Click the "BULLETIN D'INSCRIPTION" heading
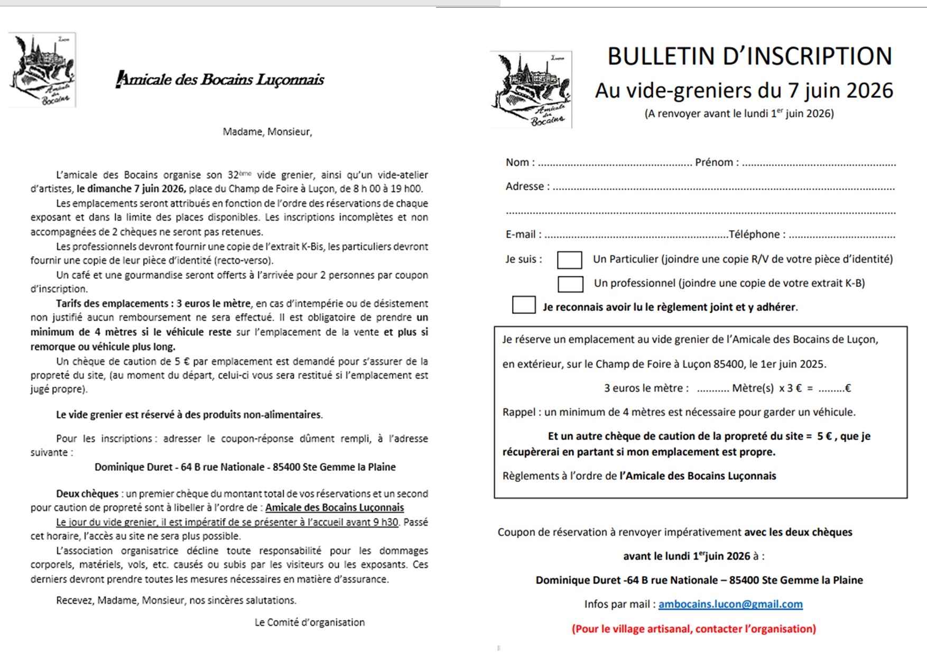pos(749,57)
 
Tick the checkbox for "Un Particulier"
pos(569,260)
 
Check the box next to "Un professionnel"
pos(570,284)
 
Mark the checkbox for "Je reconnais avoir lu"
pos(523,305)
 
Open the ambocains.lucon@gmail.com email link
pos(730,604)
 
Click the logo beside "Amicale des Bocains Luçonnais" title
pos(42,70)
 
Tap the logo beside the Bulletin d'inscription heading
pos(531,89)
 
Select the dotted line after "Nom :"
pos(614,164)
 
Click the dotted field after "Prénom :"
pos(819,164)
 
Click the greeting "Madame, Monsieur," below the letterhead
pos(267,132)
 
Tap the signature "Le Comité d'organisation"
pos(309,622)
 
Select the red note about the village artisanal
pos(693,628)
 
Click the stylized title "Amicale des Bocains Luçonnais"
pos(220,80)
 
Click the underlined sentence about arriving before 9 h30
pos(227,522)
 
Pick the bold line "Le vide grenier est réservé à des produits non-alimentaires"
pos(189,415)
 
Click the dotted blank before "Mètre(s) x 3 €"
pos(712,389)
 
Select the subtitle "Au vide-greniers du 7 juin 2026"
pos(744,90)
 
